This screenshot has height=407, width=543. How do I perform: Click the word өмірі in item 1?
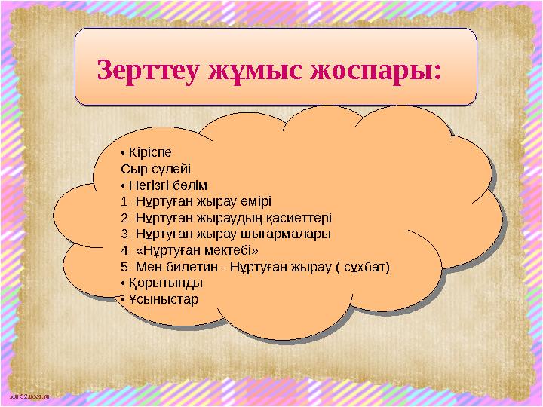[x=258, y=201]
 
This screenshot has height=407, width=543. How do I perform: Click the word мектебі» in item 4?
[x=229, y=250]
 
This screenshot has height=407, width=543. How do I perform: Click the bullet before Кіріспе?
[x=122, y=152]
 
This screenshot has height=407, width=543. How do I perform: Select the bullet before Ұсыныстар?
[x=122, y=300]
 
